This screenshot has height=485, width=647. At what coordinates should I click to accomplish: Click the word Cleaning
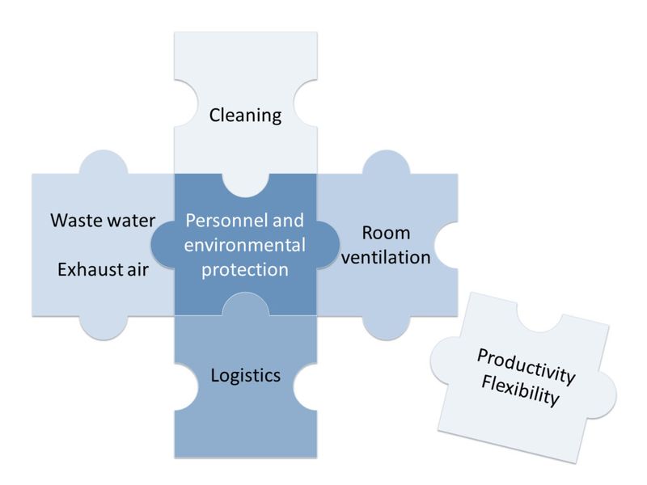tap(245, 116)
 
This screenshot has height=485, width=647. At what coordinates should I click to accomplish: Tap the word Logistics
tap(245, 375)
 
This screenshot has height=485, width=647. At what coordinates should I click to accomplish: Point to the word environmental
tap(245, 245)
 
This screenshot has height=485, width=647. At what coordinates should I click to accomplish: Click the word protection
tap(245, 270)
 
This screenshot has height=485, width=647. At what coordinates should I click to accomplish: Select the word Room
tap(386, 233)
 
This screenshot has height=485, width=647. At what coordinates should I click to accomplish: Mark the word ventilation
tap(386, 258)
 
